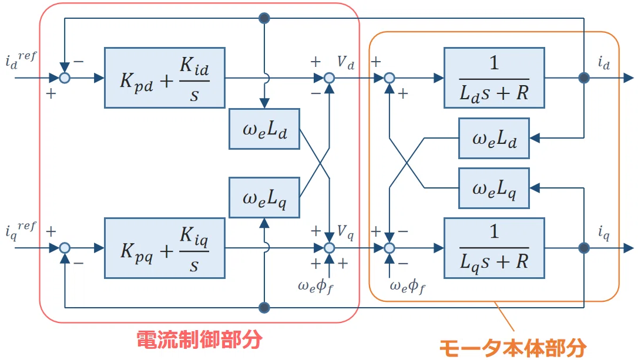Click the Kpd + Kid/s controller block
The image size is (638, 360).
[165, 78]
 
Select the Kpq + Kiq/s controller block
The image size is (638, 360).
[165, 248]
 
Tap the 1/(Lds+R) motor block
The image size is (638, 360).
[494, 78]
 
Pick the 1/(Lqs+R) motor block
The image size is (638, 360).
[494, 248]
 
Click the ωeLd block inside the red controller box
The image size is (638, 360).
[264, 129]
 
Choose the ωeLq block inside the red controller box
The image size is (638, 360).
[264, 198]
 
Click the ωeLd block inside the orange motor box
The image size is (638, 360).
[494, 139]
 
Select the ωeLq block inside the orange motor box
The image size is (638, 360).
[494, 189]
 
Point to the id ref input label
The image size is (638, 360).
[21, 60]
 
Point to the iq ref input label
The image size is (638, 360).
[21, 231]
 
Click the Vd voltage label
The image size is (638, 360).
[345, 62]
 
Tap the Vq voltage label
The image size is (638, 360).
[345, 232]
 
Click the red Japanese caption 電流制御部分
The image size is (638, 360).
[199, 339]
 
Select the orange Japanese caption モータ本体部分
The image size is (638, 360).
[513, 348]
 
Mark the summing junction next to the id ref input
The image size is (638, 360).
[65, 78]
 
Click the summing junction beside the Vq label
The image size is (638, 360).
[329, 248]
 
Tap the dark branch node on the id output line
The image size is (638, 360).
[584, 78]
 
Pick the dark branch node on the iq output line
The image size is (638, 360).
[584, 248]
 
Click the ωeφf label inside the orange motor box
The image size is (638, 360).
[408, 287]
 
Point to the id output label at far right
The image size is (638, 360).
[604, 63]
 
